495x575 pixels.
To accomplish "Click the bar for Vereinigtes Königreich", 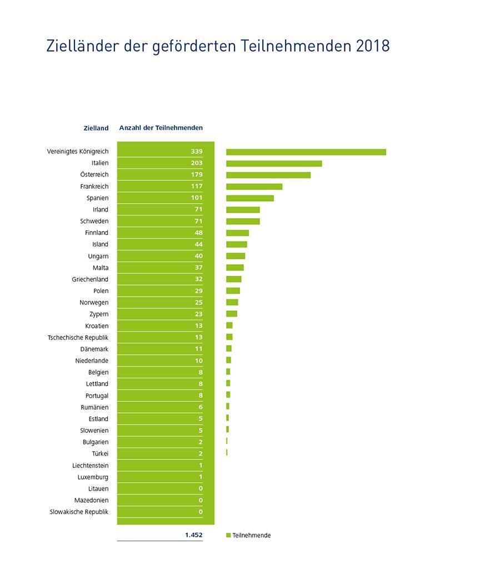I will pyautogui.click(x=306, y=152).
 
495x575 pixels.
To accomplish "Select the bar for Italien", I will pyautogui.click(x=274, y=163).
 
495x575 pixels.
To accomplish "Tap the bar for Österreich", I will pyautogui.click(x=268, y=175).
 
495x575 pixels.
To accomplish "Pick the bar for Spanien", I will pyautogui.click(x=250, y=198).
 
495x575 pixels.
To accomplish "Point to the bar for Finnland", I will pyautogui.click(x=237, y=233).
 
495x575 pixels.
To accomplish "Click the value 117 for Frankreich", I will pyautogui.click(x=196, y=186).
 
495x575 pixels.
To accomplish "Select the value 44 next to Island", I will pyautogui.click(x=198, y=245).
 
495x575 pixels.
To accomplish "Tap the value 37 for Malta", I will pyautogui.click(x=198, y=268).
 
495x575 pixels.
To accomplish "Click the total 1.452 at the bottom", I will pyautogui.click(x=194, y=535).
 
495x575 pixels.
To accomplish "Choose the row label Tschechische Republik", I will pyautogui.click(x=78, y=337).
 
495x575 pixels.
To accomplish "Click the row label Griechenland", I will pyautogui.click(x=90, y=280).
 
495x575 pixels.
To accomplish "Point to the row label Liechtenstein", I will pyautogui.click(x=90, y=466).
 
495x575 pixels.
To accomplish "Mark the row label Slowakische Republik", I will pyautogui.click(x=79, y=512).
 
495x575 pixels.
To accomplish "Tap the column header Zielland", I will pyautogui.click(x=96, y=128).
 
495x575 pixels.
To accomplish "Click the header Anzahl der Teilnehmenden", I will pyautogui.click(x=161, y=128).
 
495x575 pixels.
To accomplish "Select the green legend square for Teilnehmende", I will pyautogui.click(x=228, y=536).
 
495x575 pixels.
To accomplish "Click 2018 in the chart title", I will pyautogui.click(x=373, y=46).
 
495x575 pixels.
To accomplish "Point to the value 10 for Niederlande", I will pyautogui.click(x=198, y=361).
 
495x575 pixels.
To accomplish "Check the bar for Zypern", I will pyautogui.click(x=232, y=314).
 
